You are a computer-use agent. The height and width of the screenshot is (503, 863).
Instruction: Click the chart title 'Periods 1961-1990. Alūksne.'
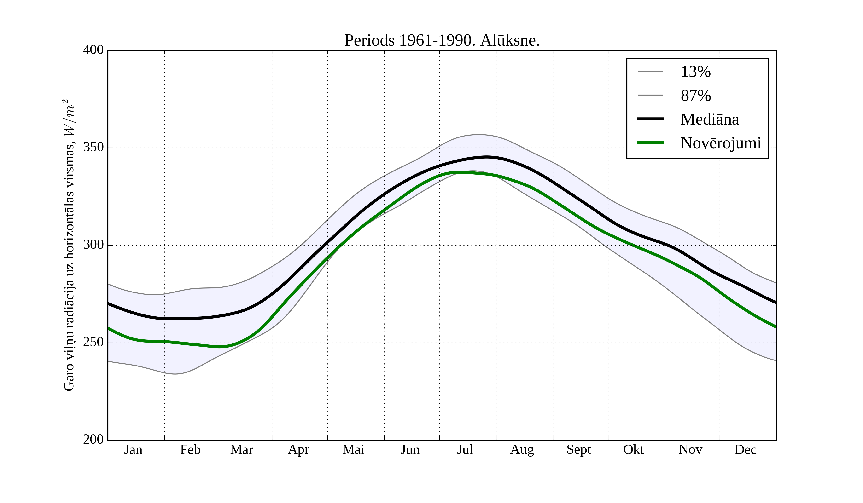click(442, 40)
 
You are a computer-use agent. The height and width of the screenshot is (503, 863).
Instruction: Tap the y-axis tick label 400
click(93, 50)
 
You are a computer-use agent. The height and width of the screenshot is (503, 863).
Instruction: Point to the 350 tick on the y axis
click(93, 148)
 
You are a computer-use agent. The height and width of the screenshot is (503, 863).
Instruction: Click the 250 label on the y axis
click(93, 342)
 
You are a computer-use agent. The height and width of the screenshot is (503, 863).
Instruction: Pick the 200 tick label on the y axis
click(93, 439)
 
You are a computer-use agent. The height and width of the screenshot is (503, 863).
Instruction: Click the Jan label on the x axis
click(133, 450)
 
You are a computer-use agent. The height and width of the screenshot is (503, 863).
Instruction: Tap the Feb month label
click(190, 450)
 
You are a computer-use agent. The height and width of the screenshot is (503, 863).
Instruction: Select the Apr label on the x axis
click(298, 450)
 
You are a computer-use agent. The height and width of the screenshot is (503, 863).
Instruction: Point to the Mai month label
click(353, 450)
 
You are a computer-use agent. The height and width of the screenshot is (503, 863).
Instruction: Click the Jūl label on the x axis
click(465, 450)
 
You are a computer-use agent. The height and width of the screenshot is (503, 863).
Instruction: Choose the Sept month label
click(578, 450)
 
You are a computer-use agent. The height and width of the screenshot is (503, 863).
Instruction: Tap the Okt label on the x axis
click(633, 450)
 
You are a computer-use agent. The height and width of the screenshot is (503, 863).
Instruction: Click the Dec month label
click(745, 450)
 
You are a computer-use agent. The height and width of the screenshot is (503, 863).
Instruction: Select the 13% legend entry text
click(695, 72)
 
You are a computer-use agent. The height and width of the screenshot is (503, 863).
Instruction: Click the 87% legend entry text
click(695, 96)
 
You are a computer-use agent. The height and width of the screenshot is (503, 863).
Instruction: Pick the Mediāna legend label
click(710, 120)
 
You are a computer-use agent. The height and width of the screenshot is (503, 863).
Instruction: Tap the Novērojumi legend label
click(721, 143)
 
